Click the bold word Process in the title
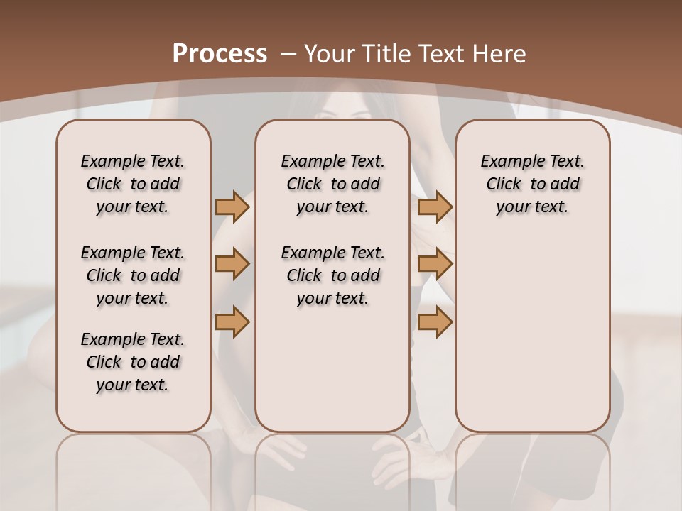(x=220, y=53)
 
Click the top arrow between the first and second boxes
(x=232, y=207)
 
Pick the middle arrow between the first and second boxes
(x=232, y=265)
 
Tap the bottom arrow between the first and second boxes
(x=232, y=322)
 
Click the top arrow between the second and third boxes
(x=435, y=207)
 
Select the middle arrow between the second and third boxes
(x=435, y=265)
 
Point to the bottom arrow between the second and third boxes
(x=435, y=322)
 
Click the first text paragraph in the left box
(x=133, y=184)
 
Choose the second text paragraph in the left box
(x=133, y=275)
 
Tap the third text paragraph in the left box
(x=133, y=362)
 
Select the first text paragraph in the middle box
(x=332, y=184)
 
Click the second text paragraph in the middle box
(x=332, y=275)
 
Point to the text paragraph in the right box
(x=533, y=184)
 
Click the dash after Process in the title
(x=288, y=53)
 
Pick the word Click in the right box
(x=504, y=185)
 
